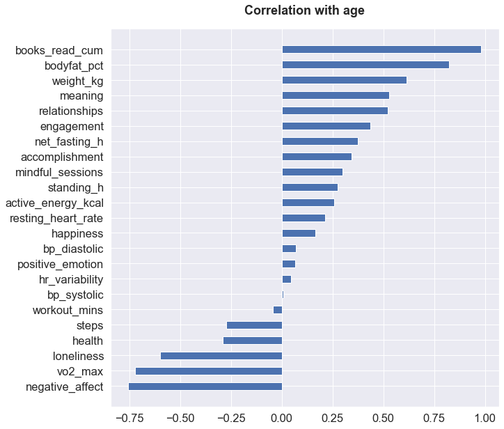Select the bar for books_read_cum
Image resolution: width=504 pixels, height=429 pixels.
pos(381,49)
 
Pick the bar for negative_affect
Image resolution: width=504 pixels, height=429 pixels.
pos(205,387)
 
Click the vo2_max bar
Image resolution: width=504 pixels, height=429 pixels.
pos(209,371)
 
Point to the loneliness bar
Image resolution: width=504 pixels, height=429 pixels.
pos(221,356)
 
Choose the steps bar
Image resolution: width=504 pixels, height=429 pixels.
pos(255,325)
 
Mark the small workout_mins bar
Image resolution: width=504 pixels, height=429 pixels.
pos(278,310)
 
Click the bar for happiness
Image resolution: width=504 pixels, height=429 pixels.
pos(299,233)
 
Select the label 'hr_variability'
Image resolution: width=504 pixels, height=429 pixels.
pos(71,279)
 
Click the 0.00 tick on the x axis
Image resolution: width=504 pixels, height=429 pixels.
pos(282,417)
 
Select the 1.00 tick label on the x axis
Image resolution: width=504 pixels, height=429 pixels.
pos(485,417)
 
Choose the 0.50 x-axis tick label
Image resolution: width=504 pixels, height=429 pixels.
pos(384,417)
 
